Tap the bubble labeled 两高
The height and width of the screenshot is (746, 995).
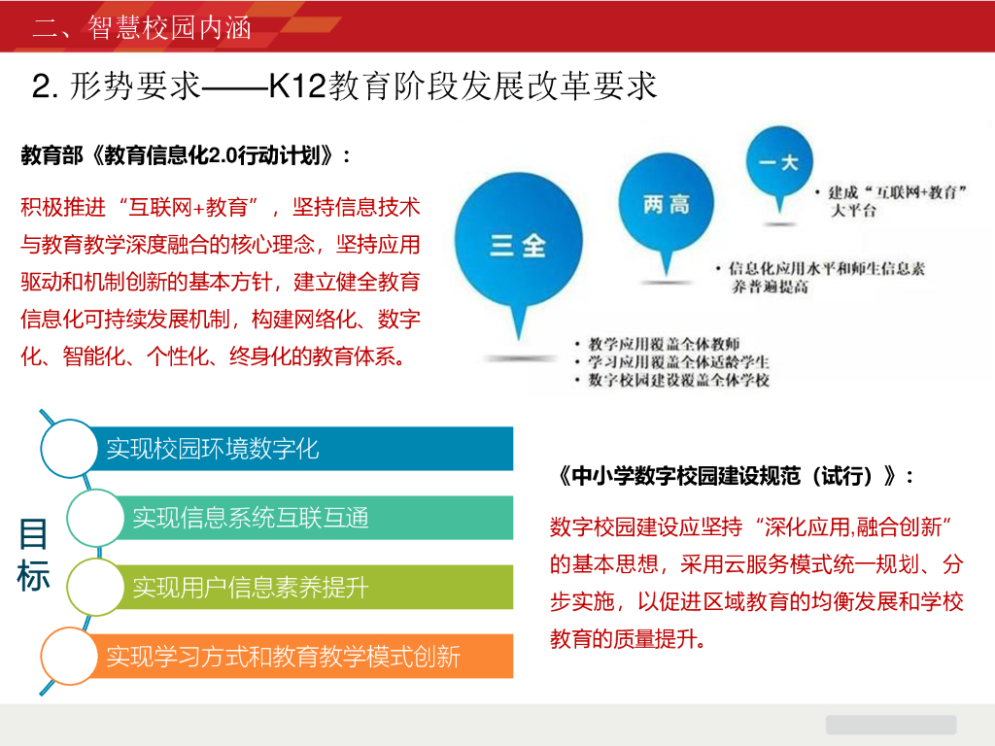(667, 204)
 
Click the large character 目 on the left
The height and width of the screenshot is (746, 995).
(33, 534)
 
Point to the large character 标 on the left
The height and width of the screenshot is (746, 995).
(33, 576)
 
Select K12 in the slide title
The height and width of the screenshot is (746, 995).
(298, 86)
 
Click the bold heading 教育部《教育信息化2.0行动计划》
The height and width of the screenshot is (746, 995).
(186, 155)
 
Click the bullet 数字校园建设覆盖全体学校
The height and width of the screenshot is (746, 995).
(678, 381)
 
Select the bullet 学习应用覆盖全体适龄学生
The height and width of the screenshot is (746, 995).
(678, 362)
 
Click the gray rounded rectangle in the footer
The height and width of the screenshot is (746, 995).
(891, 725)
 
